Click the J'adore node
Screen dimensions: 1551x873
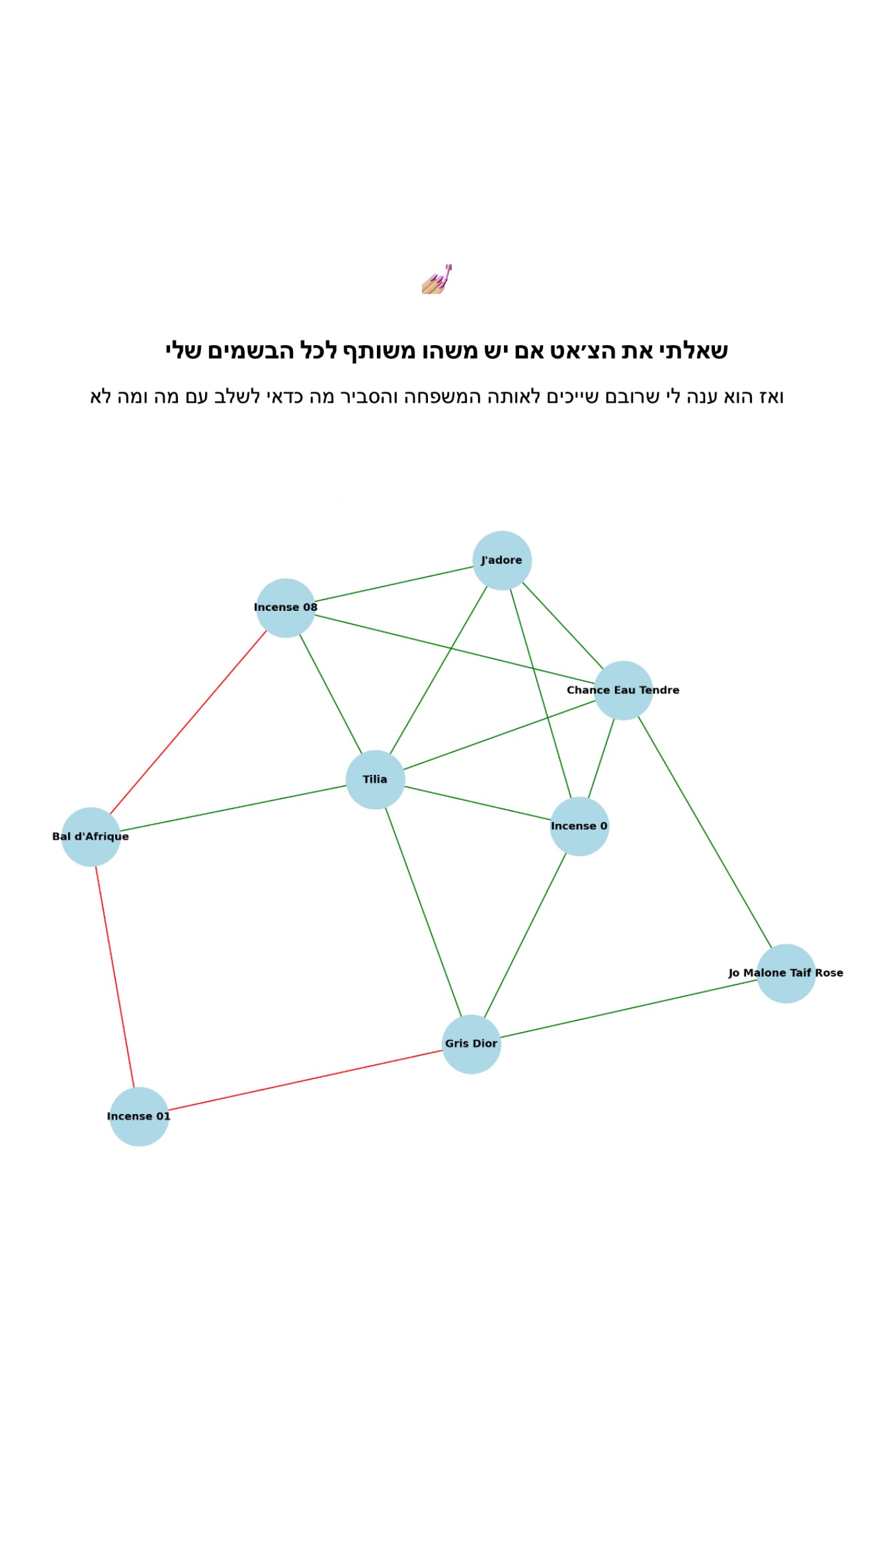click(502, 560)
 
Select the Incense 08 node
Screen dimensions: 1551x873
click(285, 608)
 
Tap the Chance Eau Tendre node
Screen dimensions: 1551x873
click(623, 690)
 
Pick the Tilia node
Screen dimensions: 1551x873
click(375, 779)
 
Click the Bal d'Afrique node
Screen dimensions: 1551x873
click(91, 836)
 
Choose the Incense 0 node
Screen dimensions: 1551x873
click(579, 826)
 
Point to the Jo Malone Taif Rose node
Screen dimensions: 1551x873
click(786, 973)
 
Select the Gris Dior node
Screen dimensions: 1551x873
click(471, 1044)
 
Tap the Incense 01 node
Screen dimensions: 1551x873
click(139, 1116)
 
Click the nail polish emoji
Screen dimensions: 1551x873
click(436, 279)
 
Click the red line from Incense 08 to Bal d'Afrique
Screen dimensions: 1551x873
click(188, 722)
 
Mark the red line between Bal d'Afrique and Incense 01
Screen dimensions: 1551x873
click(115, 976)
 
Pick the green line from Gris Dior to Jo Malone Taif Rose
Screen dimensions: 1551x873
click(628, 1009)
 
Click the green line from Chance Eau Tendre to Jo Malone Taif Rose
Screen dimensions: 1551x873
click(704, 832)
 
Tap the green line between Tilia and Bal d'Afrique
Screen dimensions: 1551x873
click(233, 808)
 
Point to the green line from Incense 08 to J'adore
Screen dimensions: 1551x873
click(394, 584)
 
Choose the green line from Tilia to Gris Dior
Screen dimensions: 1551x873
click(423, 912)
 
